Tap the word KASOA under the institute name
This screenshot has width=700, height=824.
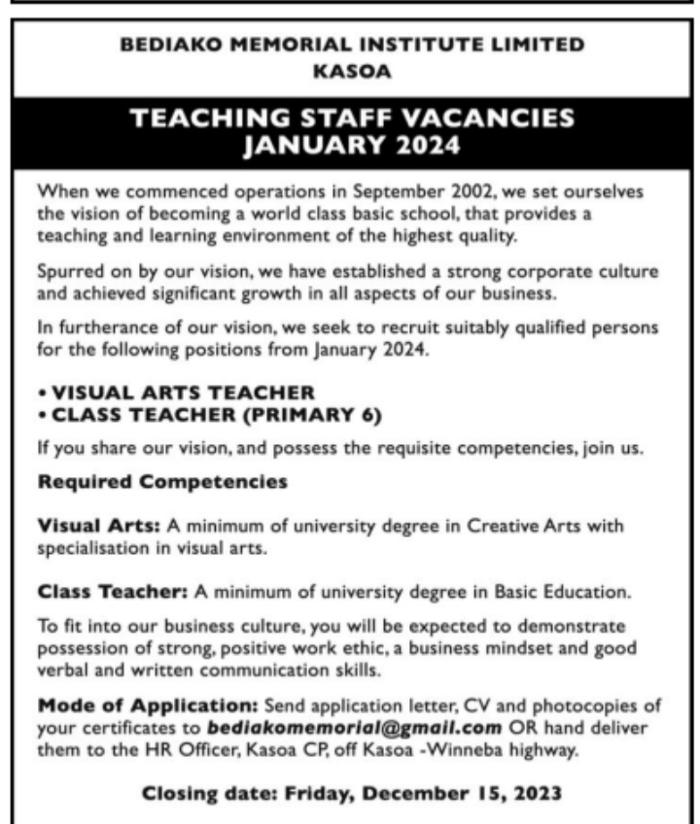point(350,70)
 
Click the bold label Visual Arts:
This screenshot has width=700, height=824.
point(98,526)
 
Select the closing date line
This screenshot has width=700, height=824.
point(352,795)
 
